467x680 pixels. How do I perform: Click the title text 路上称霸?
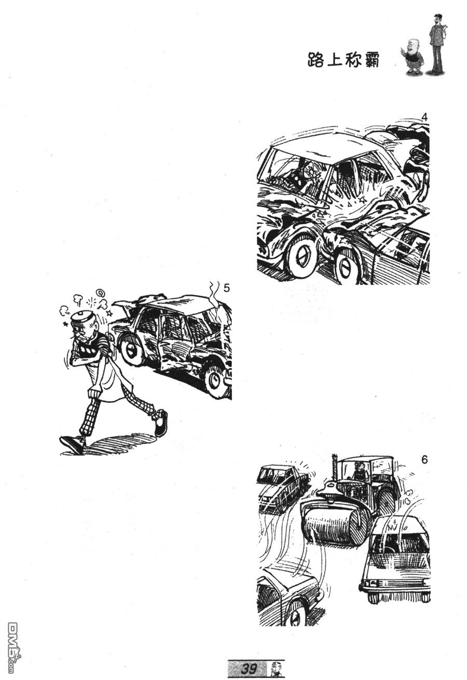[x=343, y=60]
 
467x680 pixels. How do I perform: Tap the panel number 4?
[x=424, y=117]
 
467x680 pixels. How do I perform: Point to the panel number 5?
[x=226, y=288]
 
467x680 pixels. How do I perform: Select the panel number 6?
[x=424, y=459]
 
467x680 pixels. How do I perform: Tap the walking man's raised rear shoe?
[x=160, y=423]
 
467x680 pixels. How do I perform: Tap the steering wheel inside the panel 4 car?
[x=312, y=171]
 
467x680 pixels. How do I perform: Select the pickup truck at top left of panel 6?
[x=283, y=485]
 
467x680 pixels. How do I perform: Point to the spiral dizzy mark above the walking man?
[x=100, y=293]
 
